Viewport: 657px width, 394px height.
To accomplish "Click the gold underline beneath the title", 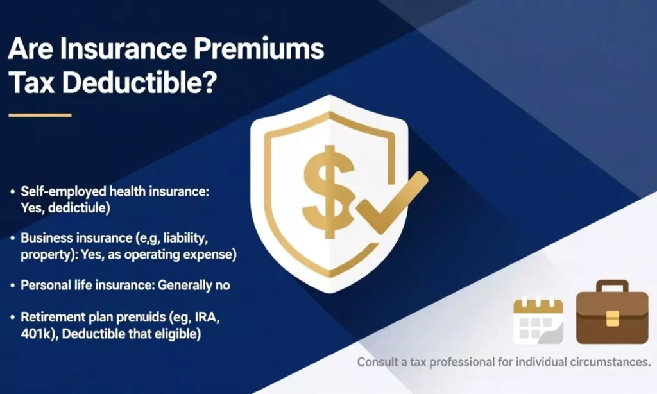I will [x=40, y=116].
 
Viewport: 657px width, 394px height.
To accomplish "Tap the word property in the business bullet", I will [x=44, y=254].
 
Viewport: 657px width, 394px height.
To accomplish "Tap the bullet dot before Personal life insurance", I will [x=13, y=286].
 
